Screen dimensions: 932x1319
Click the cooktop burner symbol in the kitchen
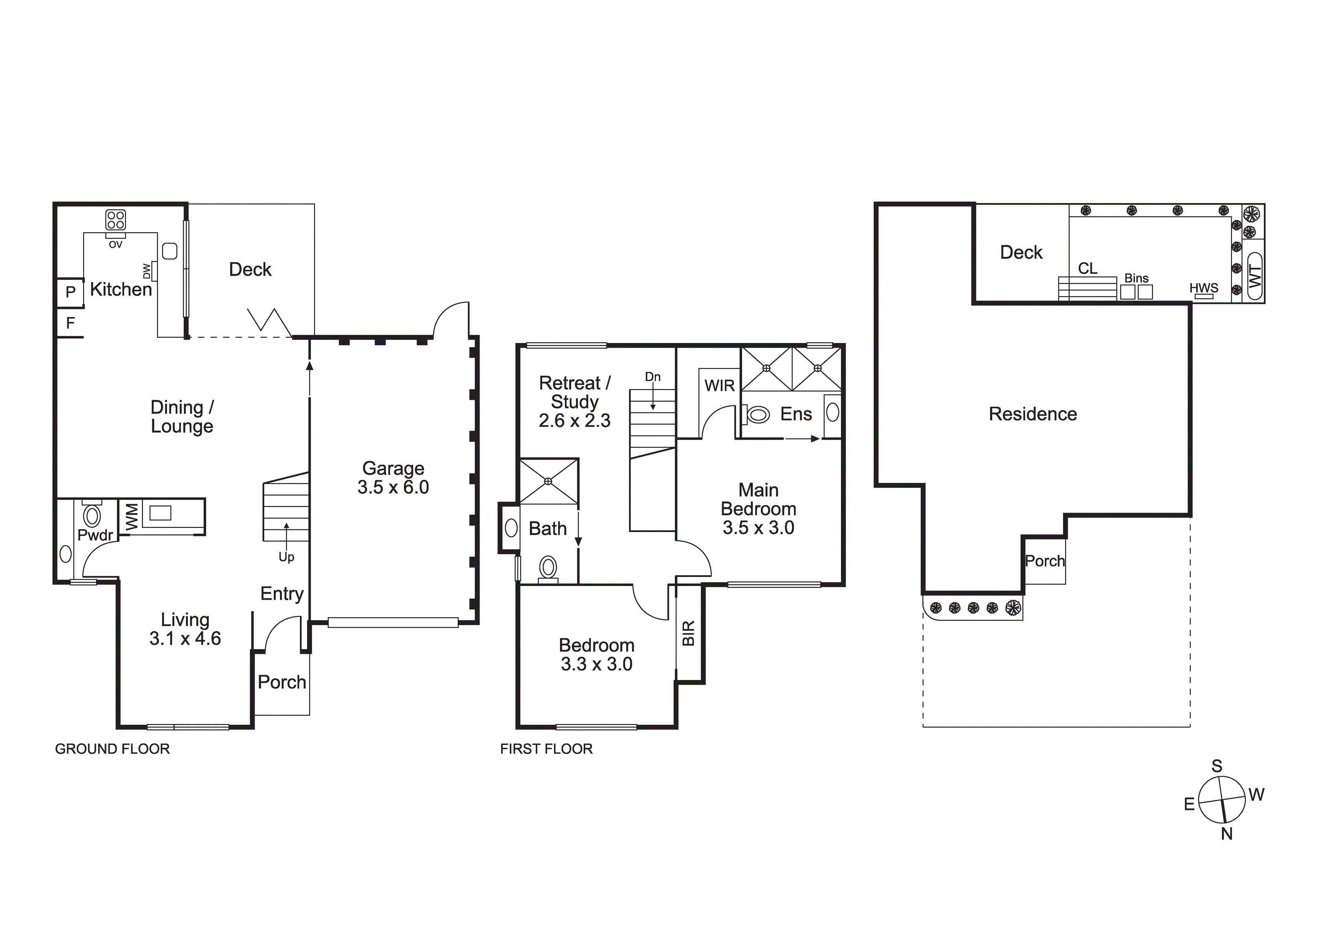115,220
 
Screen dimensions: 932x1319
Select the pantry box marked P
70,292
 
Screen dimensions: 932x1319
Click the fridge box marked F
70,323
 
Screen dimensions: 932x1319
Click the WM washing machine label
132,516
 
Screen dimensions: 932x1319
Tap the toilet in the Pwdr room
92,516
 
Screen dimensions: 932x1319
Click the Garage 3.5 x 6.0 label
393,478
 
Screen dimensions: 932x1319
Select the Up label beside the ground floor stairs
286,557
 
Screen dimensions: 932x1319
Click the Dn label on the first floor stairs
653,377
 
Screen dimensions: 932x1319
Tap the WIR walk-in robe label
719,386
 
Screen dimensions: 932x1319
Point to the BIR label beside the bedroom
689,633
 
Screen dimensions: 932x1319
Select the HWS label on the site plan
1204,288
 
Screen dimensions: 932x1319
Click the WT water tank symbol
1255,277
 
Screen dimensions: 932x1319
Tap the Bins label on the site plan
1136,278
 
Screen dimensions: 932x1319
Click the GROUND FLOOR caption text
112,749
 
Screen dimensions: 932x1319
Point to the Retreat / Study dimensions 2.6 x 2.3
574,420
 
